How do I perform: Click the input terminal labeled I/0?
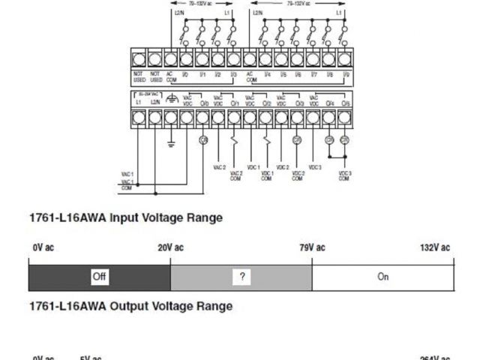coord(186,58)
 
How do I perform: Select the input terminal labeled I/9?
coord(344,58)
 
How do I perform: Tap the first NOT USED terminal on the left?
coord(139,58)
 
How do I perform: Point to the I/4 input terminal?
coord(265,58)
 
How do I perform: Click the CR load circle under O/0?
coord(202,140)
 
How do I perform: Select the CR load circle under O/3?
coord(297,140)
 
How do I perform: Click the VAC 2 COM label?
coord(235,174)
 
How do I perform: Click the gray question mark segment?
coord(241,277)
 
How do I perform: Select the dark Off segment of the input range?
coord(100,277)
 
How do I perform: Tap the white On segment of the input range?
coord(382,277)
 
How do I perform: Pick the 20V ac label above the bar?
coord(170,247)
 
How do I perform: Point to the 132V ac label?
coord(434,247)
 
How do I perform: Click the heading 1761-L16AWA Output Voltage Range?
coord(130,306)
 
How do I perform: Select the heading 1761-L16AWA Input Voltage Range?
coord(125,218)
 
